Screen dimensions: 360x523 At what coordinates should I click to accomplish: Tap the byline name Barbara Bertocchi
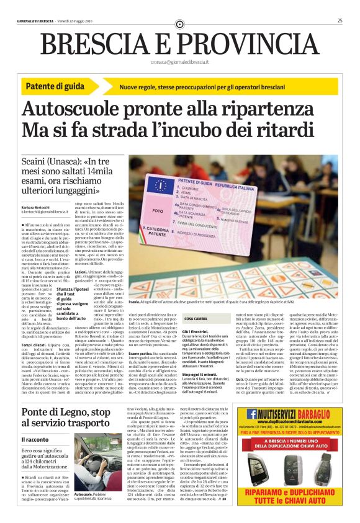coord(38,207)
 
